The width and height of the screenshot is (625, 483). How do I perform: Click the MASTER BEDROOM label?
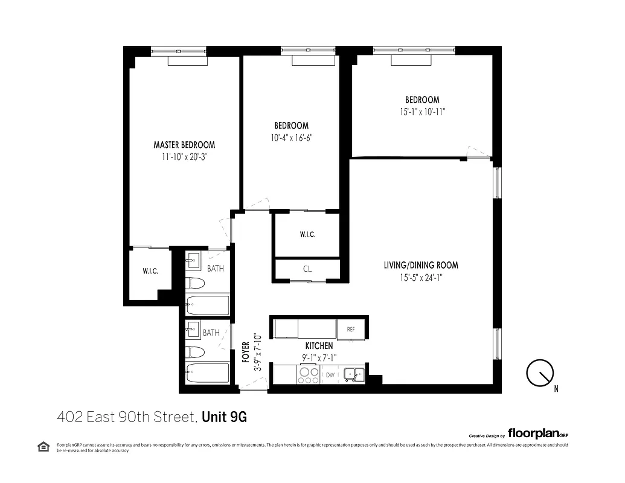[x=184, y=145]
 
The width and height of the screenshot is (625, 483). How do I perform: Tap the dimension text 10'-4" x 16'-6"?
[x=292, y=137]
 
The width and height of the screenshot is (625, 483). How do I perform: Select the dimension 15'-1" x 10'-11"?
[x=422, y=112]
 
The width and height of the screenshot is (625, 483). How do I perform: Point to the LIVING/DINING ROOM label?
[x=421, y=265]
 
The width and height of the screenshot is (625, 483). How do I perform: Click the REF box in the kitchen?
[x=351, y=330]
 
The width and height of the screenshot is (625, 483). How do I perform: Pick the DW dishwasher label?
[x=330, y=375]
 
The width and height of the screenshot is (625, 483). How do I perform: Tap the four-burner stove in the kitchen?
[x=309, y=376]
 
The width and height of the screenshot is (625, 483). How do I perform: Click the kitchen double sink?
[x=354, y=375]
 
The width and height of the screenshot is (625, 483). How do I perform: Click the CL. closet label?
[x=307, y=269]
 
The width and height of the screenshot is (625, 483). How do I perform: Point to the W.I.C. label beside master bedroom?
[x=150, y=272]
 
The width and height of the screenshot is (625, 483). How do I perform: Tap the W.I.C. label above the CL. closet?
[x=307, y=235]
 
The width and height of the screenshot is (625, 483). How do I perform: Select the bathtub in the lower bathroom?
[x=207, y=373]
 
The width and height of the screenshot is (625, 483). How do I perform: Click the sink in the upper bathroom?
[x=193, y=261]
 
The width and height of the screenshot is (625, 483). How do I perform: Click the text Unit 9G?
[x=225, y=417]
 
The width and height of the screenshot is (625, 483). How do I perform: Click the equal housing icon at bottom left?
[x=43, y=446]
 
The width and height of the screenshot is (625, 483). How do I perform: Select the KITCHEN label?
[x=318, y=346]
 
